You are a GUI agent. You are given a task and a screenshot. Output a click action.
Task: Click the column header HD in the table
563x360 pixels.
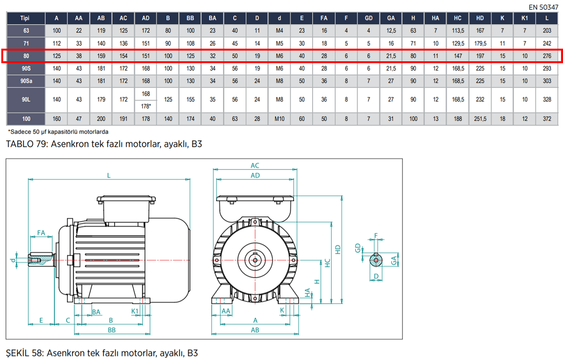pos(480,17)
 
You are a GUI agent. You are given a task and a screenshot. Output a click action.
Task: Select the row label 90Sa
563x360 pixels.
pos(25,81)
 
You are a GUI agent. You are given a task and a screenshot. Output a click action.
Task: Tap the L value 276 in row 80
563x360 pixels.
pos(547,56)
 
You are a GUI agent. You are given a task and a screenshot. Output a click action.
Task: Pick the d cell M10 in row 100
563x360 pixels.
pos(280,119)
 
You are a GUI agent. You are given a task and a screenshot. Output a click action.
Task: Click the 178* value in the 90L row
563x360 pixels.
pos(146,106)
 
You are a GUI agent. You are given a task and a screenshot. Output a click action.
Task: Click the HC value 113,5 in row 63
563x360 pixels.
pos(458,30)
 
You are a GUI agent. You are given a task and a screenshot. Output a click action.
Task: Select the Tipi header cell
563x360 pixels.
pos(25,17)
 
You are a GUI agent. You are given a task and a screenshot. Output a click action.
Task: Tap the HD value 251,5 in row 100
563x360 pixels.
pos(480,119)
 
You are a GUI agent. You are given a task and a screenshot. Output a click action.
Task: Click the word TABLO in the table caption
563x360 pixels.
pos(21,144)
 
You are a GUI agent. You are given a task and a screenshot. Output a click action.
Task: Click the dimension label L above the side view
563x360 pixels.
pos(108,175)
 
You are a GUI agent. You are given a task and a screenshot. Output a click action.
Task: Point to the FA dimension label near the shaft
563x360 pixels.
pos(42,233)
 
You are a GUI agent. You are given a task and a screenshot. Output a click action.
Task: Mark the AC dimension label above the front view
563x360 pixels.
pos(255,166)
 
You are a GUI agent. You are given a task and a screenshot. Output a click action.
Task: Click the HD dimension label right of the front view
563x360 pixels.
pos(337,249)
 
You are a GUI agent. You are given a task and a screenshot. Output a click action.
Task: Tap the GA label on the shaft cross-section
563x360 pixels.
pos(394,260)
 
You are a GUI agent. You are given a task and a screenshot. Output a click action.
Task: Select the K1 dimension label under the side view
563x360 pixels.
pos(135,311)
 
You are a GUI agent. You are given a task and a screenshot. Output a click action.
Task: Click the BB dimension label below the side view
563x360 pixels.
pos(111,329)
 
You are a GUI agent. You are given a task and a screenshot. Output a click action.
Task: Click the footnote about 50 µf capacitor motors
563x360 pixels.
pos(58,132)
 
